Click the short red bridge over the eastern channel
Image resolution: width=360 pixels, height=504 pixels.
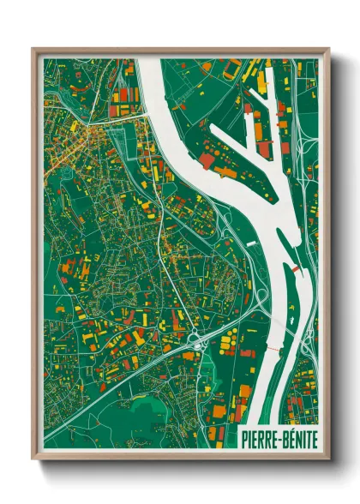click(x=296, y=269)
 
